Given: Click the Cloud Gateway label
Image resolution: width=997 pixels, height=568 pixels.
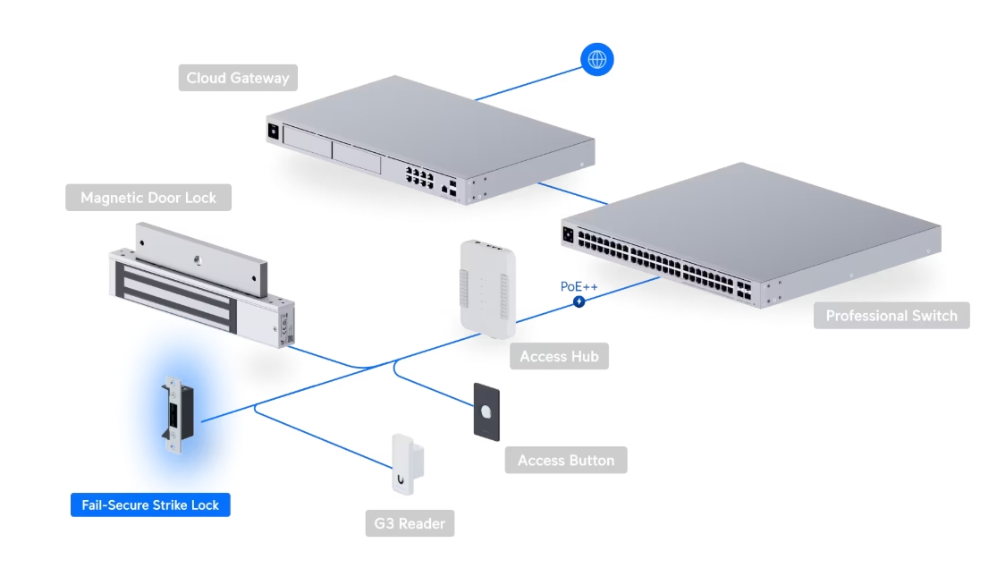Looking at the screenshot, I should coord(238,78).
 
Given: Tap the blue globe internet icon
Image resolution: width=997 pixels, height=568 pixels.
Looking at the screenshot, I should coord(597,60).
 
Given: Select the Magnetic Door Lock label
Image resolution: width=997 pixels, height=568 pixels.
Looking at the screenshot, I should coord(148,198).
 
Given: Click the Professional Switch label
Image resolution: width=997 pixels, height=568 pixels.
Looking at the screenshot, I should coord(891,315).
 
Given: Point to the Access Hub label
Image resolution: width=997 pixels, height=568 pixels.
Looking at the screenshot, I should coord(559,356).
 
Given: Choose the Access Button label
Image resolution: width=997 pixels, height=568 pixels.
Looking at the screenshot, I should coord(566,460).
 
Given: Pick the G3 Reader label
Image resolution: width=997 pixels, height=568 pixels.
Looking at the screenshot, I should coord(409,522).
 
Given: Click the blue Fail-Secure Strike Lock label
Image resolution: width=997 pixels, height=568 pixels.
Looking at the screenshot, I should coord(150,504).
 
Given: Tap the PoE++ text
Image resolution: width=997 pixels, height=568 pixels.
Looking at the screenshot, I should coord(578,286).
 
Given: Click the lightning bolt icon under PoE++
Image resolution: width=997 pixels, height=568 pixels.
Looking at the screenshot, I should coord(579,302).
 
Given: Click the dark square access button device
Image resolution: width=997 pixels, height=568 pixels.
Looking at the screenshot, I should coord(486,411).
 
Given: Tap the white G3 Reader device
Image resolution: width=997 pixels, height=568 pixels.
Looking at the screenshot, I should coord(408,465).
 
